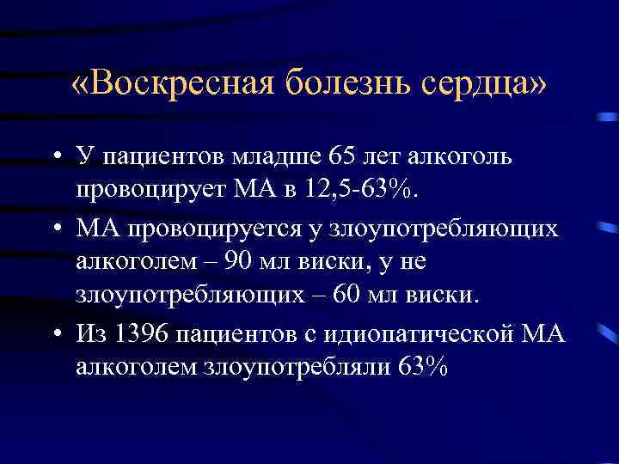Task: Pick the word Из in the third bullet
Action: click(89, 333)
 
